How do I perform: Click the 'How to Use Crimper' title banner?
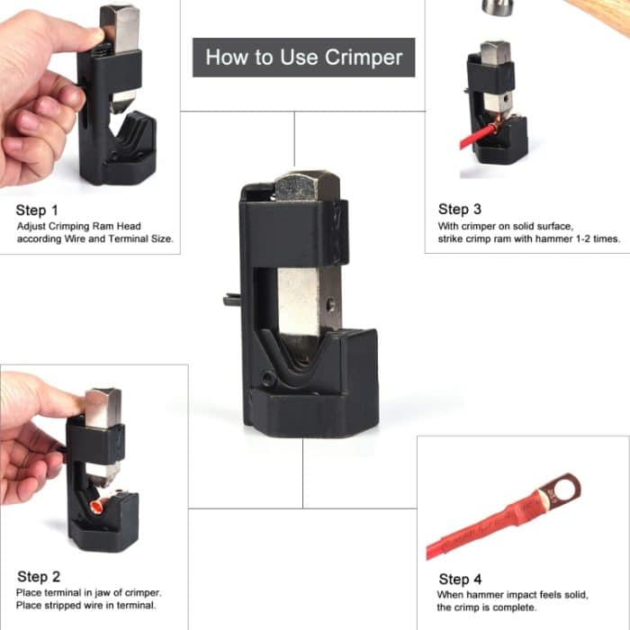click(303, 58)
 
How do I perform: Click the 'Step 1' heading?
click(37, 211)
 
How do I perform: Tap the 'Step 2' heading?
click(39, 576)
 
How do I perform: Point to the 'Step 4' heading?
click(460, 579)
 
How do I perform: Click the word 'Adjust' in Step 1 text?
click(32, 226)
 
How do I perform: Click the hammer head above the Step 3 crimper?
click(496, 6)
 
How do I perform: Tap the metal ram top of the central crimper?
click(307, 185)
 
